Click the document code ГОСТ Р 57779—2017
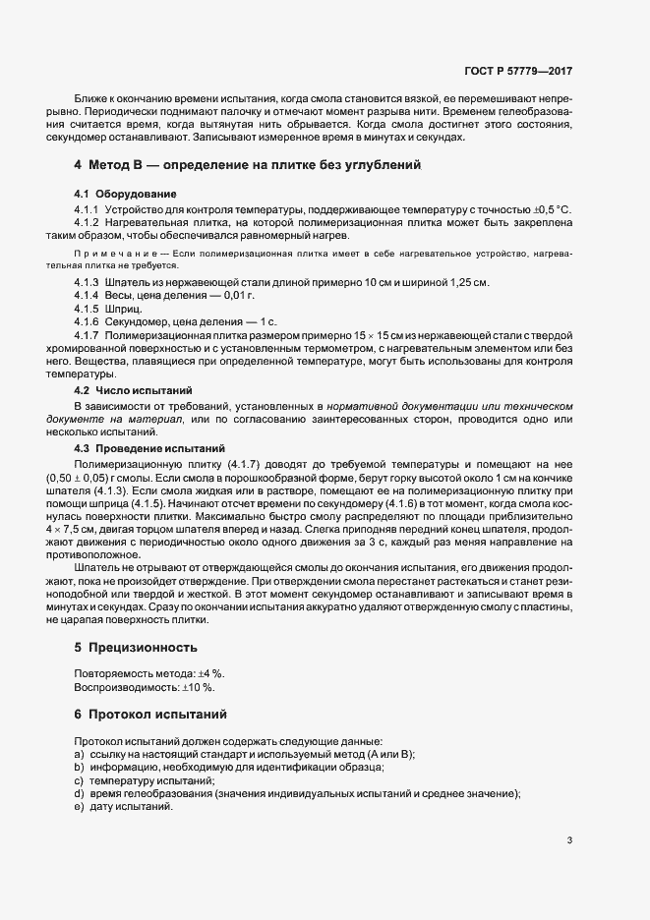(x=518, y=72)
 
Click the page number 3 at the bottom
(x=569, y=840)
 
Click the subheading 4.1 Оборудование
(x=126, y=193)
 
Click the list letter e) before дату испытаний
(x=78, y=806)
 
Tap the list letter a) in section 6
(x=78, y=754)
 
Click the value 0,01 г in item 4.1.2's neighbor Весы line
(x=237, y=296)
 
